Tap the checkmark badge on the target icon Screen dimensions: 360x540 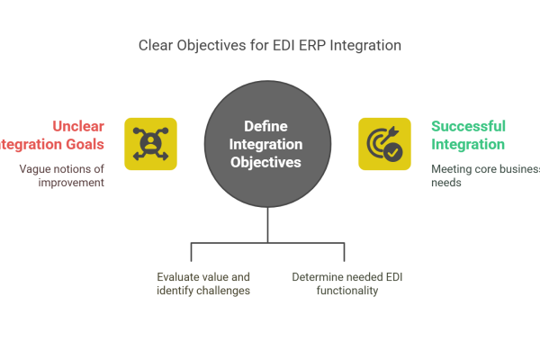click(393, 153)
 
